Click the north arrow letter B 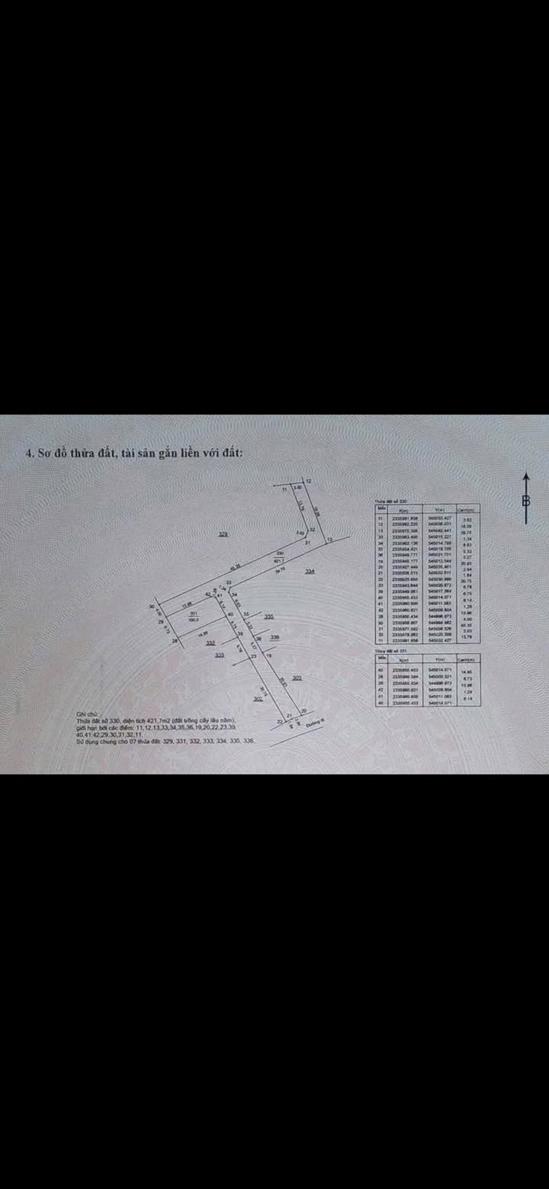pos(525,501)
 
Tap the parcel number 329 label pos(223,534)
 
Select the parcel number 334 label pos(310,571)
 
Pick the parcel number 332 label pos(210,643)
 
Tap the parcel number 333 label pos(220,655)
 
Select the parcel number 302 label pos(258,698)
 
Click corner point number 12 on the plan pos(309,481)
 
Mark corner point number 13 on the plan pos(329,540)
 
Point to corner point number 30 pos(152,607)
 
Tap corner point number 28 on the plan pos(175,642)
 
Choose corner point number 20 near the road pos(303,711)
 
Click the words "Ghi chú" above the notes pos(86,714)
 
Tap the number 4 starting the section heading pos(29,453)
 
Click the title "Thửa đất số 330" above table pos(391,501)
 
